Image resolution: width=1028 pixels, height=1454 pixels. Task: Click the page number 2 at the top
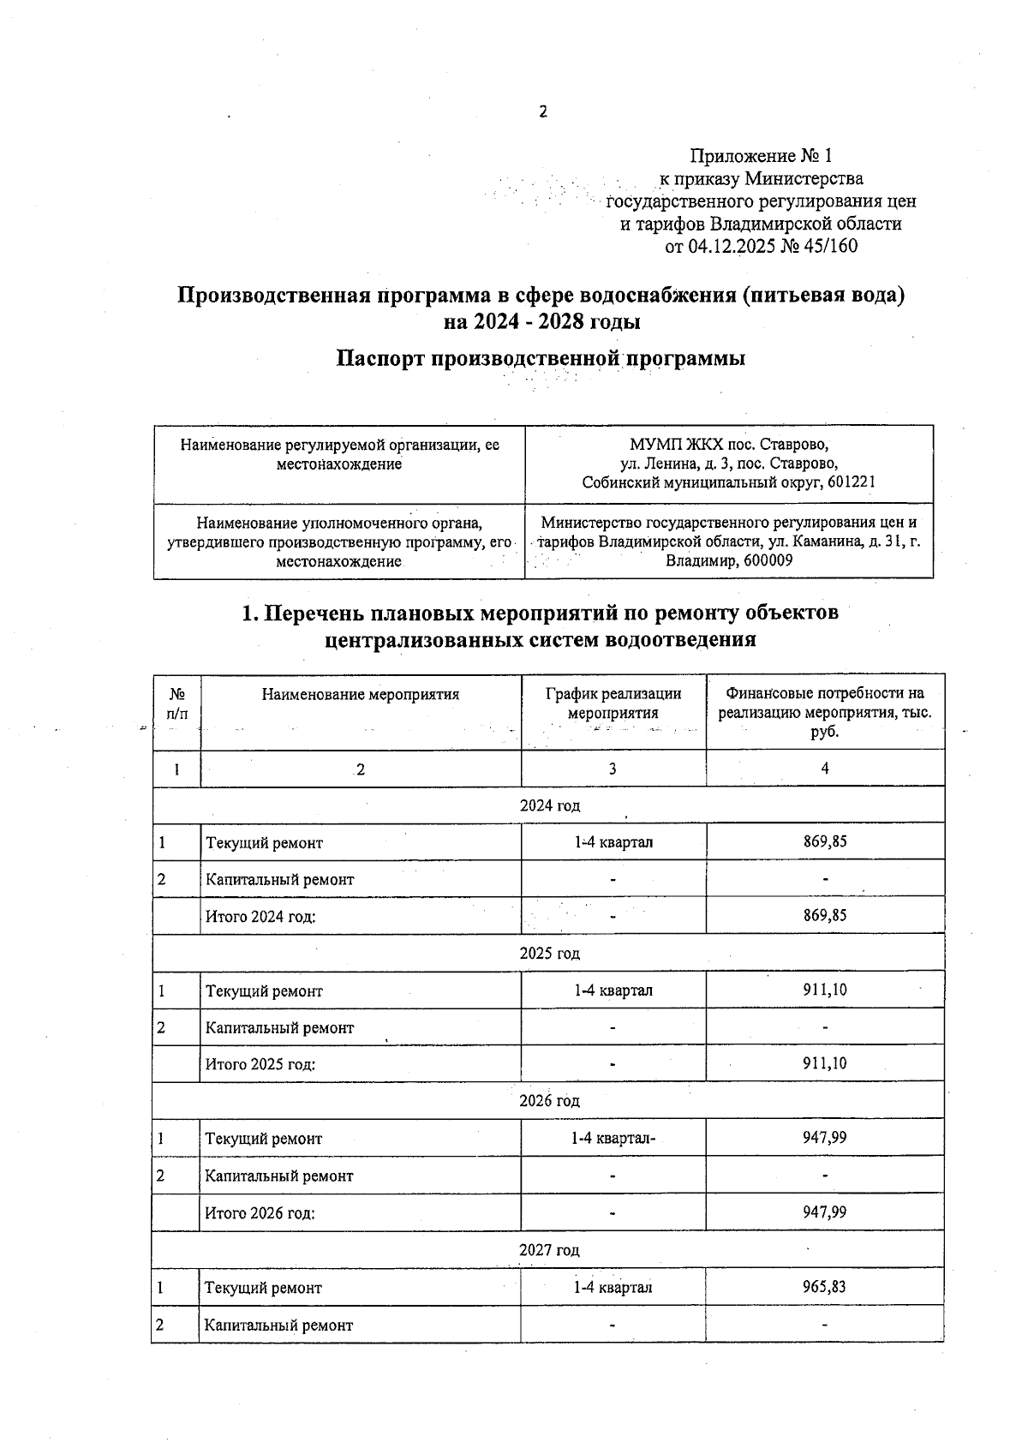(x=541, y=112)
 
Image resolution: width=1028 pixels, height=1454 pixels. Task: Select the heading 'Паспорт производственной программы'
(x=540, y=358)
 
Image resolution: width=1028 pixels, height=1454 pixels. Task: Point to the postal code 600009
(x=766, y=560)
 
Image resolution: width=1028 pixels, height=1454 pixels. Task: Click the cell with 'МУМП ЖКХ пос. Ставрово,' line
(x=729, y=445)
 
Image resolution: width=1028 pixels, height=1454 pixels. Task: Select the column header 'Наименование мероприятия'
(x=361, y=695)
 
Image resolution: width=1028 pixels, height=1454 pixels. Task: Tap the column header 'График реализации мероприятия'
(x=613, y=703)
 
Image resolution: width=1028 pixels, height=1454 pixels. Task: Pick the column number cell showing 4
(x=825, y=769)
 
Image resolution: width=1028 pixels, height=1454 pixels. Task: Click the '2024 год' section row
(x=549, y=805)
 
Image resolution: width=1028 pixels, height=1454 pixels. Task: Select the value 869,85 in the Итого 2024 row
(x=825, y=915)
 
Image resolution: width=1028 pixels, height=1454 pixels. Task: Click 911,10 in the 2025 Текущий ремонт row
(x=825, y=990)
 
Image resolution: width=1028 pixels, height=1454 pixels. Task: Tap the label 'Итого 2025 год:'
(x=260, y=1064)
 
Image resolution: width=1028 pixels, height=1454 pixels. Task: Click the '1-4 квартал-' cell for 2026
(x=613, y=1139)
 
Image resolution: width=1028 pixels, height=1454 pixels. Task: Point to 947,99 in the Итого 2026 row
(x=825, y=1212)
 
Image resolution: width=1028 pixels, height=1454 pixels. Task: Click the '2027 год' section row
(x=549, y=1250)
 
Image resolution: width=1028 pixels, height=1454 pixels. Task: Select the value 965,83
(x=825, y=1287)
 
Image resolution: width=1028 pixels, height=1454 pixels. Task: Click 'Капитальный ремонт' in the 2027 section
(x=278, y=1325)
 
